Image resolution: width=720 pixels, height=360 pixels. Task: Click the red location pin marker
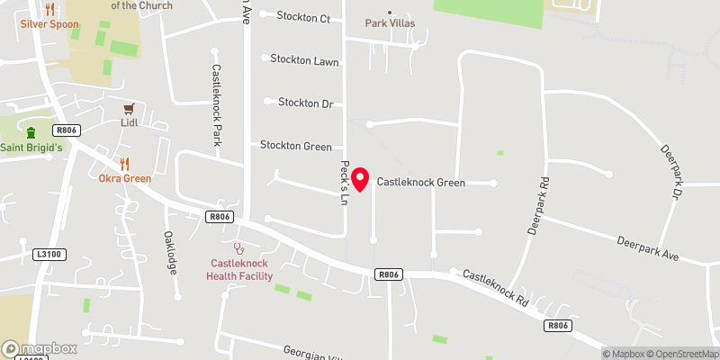(361, 179)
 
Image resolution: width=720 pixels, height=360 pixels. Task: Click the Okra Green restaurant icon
(124, 164)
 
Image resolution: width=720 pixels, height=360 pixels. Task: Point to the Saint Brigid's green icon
(31, 133)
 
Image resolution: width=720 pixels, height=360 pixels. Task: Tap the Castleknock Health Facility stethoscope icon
(238, 247)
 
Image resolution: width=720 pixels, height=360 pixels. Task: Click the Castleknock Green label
(420, 183)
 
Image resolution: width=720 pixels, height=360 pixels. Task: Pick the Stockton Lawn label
(308, 60)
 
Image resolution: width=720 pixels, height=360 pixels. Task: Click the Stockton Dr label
(305, 103)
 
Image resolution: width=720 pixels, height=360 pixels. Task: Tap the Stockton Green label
(295, 146)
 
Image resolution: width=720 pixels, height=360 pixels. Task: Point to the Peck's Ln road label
(344, 182)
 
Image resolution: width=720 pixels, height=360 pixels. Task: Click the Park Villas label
(390, 23)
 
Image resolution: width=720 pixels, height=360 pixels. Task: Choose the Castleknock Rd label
(495, 289)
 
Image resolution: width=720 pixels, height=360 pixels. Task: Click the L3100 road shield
(49, 255)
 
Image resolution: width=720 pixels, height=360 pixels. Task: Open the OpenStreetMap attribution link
(679, 354)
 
